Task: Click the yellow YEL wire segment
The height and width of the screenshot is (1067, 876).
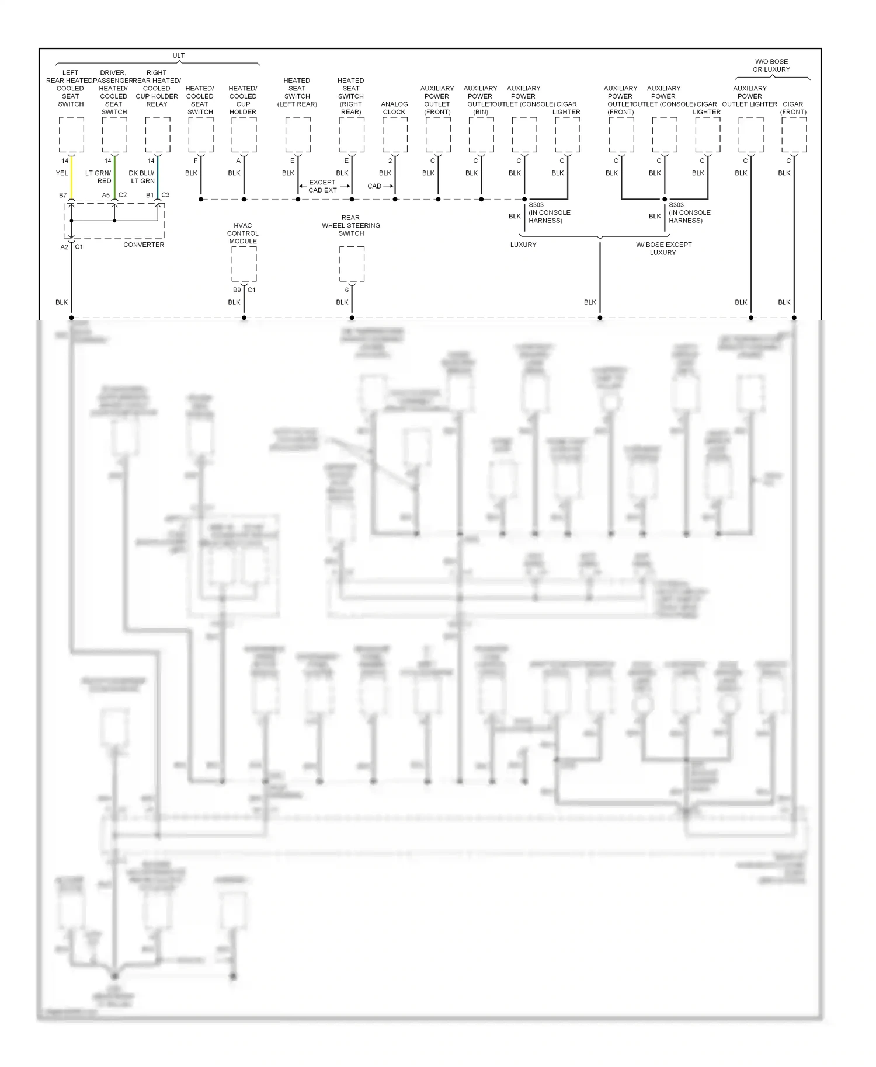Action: pyautogui.click(x=71, y=178)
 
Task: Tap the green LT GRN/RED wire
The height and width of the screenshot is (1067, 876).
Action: pyautogui.click(x=114, y=178)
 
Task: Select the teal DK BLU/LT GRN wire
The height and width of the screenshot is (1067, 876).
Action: pyautogui.click(x=158, y=178)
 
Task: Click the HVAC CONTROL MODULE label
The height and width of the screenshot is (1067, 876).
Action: pyautogui.click(x=243, y=233)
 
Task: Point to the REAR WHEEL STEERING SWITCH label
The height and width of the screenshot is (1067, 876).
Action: pyautogui.click(x=351, y=225)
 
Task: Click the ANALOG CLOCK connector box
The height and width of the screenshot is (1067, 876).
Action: pyautogui.click(x=395, y=135)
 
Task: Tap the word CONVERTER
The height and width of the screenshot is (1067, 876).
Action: pyautogui.click(x=144, y=245)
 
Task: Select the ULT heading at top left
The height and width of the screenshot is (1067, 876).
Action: pyautogui.click(x=179, y=55)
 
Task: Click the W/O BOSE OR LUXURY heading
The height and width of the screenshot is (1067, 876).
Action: pyautogui.click(x=771, y=65)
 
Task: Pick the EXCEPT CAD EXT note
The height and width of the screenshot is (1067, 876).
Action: pyautogui.click(x=322, y=186)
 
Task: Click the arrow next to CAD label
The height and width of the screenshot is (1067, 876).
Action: pyautogui.click(x=388, y=186)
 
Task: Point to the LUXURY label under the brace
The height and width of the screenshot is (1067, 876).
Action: pyautogui.click(x=523, y=245)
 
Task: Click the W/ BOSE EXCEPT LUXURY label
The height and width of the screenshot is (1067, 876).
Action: pyautogui.click(x=663, y=249)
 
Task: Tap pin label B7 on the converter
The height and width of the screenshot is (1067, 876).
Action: pyautogui.click(x=63, y=195)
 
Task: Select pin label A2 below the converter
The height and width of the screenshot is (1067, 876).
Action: pyautogui.click(x=64, y=247)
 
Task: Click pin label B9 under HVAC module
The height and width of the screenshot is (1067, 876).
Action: pyautogui.click(x=237, y=290)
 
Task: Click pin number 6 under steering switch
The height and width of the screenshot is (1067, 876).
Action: pyautogui.click(x=347, y=290)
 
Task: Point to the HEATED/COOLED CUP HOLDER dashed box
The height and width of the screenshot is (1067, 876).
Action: pyautogui.click(x=244, y=135)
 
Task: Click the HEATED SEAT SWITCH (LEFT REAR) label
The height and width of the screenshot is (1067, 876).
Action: pyautogui.click(x=297, y=92)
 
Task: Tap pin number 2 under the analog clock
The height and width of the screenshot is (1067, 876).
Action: pyautogui.click(x=390, y=161)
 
